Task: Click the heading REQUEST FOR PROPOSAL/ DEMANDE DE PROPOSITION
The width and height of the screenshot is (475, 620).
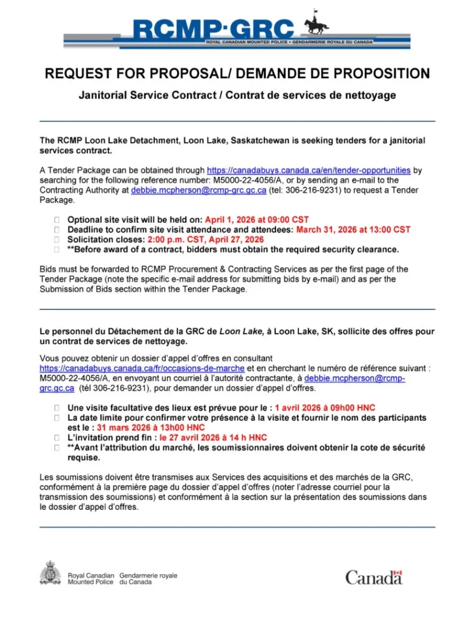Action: tap(237, 74)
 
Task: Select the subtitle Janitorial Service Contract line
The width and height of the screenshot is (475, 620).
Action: tap(237, 96)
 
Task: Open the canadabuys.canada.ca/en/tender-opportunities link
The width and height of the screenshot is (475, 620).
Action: tap(309, 171)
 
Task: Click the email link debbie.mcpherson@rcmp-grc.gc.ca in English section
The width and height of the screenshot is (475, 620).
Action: tap(198, 190)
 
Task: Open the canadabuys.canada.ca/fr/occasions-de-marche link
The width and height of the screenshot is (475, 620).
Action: tap(142, 368)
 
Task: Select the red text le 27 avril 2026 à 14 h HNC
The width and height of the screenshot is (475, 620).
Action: tap(213, 437)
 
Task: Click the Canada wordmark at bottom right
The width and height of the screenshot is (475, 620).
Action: tap(373, 577)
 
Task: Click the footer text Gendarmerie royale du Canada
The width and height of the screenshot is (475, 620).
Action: tap(148, 579)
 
